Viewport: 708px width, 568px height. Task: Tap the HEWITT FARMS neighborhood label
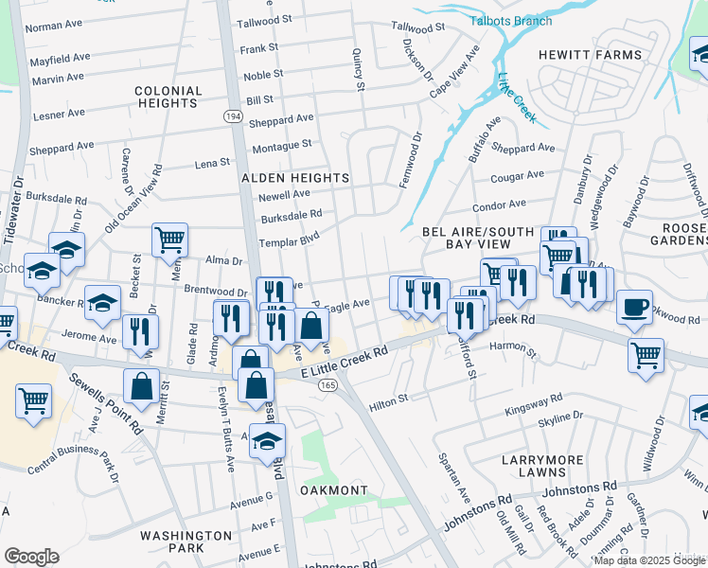(590, 55)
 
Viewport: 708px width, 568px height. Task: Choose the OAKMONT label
(333, 490)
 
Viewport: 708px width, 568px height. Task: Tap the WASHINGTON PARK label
(186, 541)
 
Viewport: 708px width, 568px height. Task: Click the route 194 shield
(233, 114)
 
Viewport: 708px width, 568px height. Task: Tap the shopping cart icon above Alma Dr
(169, 240)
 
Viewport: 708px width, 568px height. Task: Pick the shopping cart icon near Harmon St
(646, 356)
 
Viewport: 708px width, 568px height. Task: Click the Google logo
(31, 557)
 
